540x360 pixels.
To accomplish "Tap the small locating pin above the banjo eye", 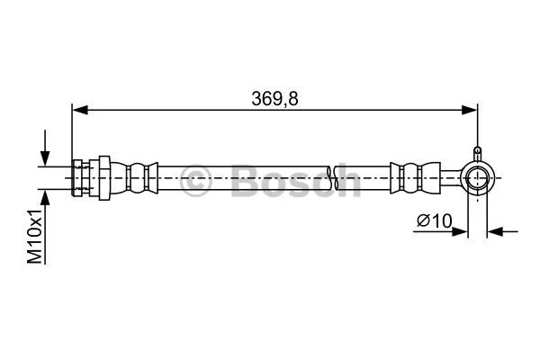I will pyautogui.click(x=478, y=153).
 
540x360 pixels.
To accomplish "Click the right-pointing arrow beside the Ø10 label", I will pyautogui.click(x=461, y=231).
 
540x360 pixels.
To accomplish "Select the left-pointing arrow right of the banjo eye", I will pyautogui.click(x=496, y=231).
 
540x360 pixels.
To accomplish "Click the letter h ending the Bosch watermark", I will pyautogui.click(x=347, y=180).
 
